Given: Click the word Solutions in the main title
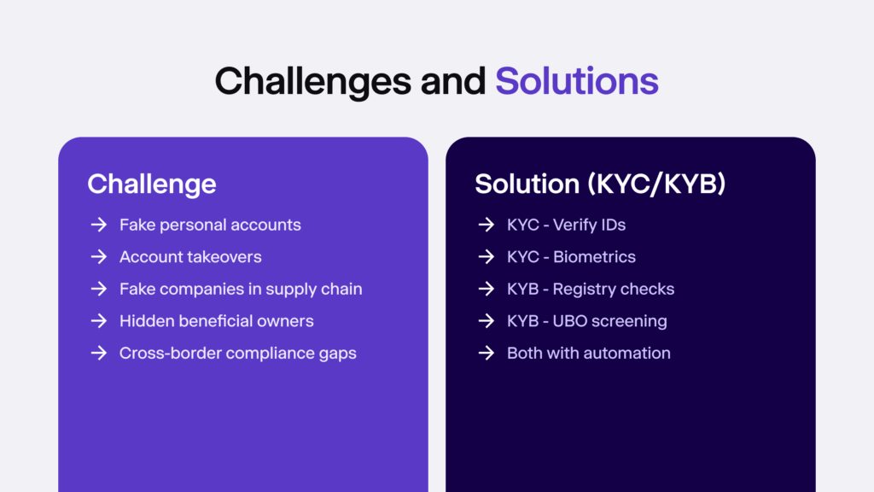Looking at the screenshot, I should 577,81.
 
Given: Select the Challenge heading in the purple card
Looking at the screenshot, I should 151,184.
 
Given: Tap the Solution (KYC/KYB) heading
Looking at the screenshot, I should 600,184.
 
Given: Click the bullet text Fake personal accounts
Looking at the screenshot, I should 210,225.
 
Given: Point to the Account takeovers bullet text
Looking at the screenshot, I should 190,256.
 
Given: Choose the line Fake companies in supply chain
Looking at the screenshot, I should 241,289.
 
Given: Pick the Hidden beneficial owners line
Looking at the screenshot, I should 217,321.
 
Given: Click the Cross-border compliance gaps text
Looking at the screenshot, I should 238,353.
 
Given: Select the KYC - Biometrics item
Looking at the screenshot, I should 571,256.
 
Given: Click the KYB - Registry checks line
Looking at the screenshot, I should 591,289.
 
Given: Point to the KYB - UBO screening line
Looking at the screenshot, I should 587,321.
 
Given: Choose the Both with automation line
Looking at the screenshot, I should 589,353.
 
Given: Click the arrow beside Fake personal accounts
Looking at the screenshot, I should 98,225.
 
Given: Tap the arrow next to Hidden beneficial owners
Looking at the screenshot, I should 98,321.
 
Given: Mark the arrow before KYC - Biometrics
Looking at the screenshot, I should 486,256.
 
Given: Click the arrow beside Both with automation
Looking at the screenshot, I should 486,353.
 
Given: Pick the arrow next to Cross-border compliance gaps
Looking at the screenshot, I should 98,353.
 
